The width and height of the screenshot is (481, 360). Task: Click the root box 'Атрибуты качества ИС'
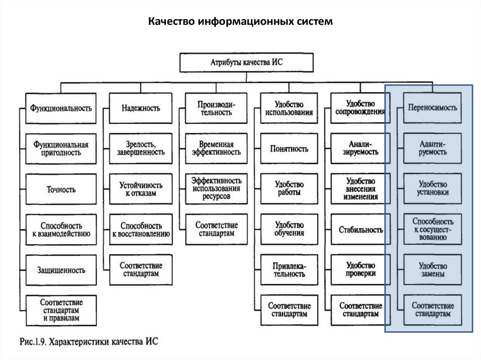click(247, 63)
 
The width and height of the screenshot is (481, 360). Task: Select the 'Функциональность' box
click(61, 108)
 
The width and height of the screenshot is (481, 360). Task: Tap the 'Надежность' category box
click(141, 108)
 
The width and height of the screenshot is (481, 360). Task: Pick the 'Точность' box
click(61, 190)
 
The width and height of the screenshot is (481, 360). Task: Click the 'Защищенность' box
click(61, 270)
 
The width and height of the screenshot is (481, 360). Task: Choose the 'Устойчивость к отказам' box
click(141, 189)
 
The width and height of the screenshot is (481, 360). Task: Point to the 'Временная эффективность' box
click(217, 148)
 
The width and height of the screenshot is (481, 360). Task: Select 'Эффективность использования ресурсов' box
click(217, 189)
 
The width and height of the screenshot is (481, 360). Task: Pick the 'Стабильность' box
click(361, 230)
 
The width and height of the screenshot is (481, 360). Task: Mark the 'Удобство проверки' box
click(361, 270)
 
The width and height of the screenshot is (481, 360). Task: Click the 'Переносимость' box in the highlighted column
click(432, 107)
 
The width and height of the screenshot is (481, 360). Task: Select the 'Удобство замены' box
click(432, 270)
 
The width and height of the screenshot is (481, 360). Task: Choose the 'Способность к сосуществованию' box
click(432, 229)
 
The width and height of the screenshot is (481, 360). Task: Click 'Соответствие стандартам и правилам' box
click(61, 310)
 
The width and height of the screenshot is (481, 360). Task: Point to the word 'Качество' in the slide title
click(172, 22)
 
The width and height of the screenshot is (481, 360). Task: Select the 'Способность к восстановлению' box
click(141, 230)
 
